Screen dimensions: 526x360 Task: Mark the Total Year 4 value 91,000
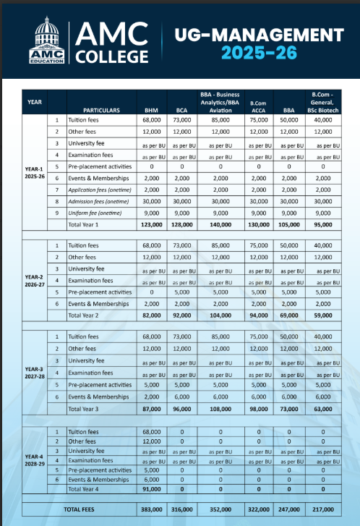[150, 489]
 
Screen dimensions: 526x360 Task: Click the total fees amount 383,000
[150, 510]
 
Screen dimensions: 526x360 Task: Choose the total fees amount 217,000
[327, 510]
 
